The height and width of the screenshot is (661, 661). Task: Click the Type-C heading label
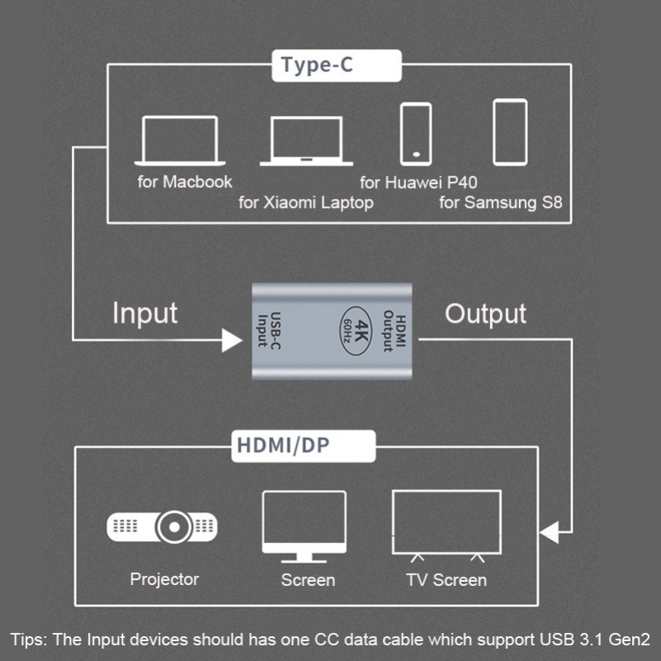pyautogui.click(x=317, y=65)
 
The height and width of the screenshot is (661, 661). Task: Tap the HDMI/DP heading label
pyautogui.click(x=283, y=446)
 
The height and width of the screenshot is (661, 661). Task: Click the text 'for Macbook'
pyautogui.click(x=185, y=182)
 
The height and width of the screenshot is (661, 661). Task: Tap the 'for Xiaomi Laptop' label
pyautogui.click(x=306, y=203)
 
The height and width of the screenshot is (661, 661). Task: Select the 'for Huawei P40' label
pyautogui.click(x=418, y=182)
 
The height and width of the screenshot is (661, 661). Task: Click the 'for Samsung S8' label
pyautogui.click(x=501, y=202)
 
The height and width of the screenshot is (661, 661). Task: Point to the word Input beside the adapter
pyautogui.click(x=145, y=314)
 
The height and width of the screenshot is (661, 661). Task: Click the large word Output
pyautogui.click(x=485, y=314)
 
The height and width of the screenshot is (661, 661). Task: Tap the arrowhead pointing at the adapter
pyautogui.click(x=231, y=340)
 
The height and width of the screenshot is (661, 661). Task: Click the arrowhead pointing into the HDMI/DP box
pyautogui.click(x=549, y=532)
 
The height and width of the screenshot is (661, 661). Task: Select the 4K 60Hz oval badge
pyautogui.click(x=356, y=331)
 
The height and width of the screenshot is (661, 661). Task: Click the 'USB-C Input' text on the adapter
pyautogui.click(x=269, y=330)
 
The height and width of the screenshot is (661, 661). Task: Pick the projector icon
pyautogui.click(x=163, y=526)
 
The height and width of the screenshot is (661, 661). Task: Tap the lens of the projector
pyautogui.click(x=174, y=526)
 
